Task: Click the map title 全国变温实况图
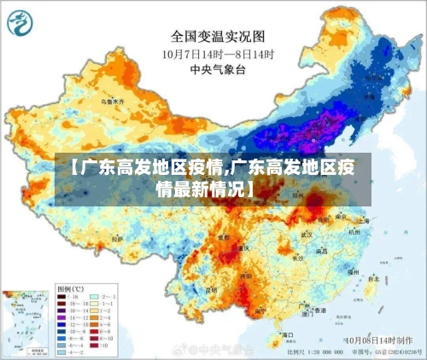click(x=219, y=36)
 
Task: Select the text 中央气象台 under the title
click(x=219, y=68)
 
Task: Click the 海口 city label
click(x=289, y=335)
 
